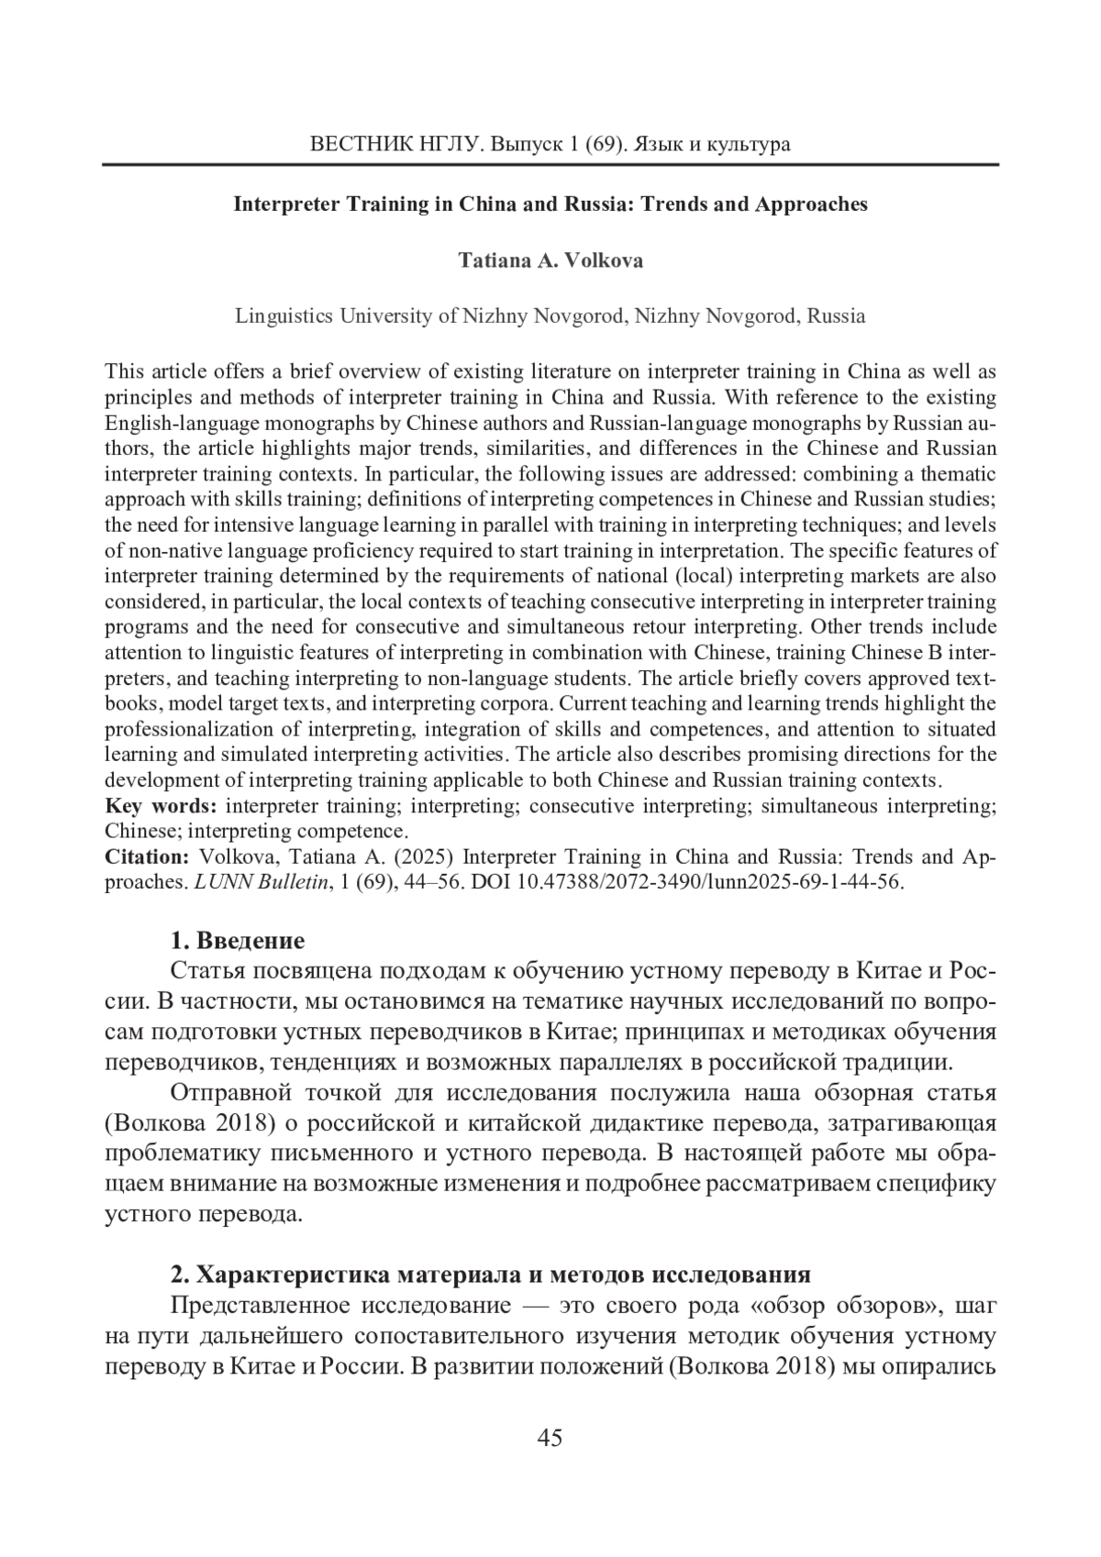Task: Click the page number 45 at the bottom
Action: (x=550, y=1438)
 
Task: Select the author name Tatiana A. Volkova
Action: (x=550, y=260)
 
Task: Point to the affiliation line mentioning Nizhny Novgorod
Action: (x=550, y=316)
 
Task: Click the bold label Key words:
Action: (x=161, y=806)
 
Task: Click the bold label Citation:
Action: (x=147, y=857)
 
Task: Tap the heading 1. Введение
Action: (x=238, y=941)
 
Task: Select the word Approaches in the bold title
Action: (x=811, y=204)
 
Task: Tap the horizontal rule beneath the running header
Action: (x=550, y=165)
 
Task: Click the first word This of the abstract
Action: (x=124, y=371)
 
